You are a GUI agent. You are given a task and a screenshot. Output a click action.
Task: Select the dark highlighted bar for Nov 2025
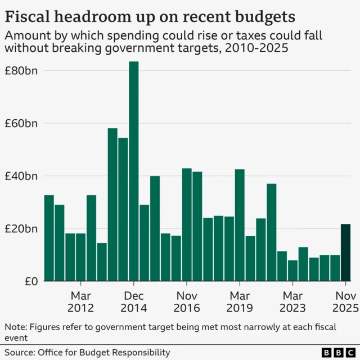(345, 253)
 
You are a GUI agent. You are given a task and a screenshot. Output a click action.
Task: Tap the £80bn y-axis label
(21, 71)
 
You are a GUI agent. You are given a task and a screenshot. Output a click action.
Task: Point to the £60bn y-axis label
(21, 123)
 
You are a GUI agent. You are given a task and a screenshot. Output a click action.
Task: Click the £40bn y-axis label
(21, 176)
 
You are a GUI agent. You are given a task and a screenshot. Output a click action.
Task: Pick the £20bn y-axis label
(21, 229)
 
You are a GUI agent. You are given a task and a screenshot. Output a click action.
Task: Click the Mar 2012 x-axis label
(80, 301)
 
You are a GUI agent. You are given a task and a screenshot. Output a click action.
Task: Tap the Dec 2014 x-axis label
(134, 301)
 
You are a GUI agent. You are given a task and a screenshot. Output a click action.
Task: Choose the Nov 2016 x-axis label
(186, 301)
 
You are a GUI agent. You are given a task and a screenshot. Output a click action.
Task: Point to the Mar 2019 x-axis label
(240, 301)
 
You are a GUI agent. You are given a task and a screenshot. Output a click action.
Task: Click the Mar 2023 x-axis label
(292, 301)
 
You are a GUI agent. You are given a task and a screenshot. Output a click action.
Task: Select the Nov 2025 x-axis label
(345, 301)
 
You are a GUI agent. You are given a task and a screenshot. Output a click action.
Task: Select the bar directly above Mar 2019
(240, 225)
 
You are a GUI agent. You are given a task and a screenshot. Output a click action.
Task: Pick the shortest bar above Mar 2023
(292, 271)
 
